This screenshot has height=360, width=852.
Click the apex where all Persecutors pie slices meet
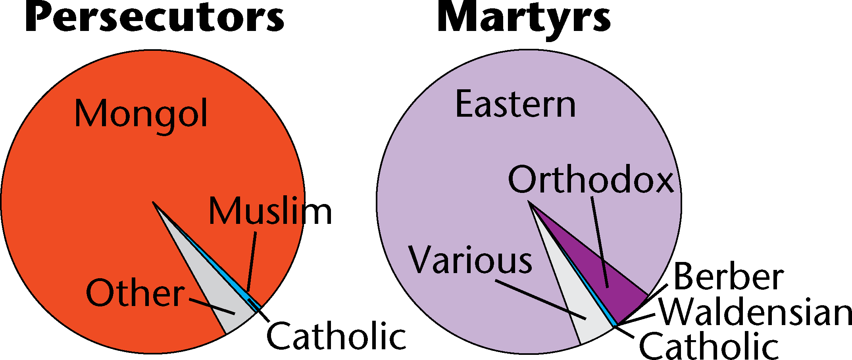pos(153,202)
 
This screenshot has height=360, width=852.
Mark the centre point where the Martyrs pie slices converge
pos(529,202)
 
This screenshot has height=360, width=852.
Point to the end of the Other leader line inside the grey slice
pos(235,313)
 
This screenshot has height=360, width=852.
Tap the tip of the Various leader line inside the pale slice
pos(586,318)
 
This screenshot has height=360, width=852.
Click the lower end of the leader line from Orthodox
pos(607,287)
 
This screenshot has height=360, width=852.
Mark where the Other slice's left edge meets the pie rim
pos(225,335)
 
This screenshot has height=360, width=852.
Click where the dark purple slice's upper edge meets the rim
pos(648,295)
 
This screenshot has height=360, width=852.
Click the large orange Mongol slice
pos(99,198)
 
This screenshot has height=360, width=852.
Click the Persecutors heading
pos(155,18)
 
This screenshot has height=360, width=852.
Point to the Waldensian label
pos(756,312)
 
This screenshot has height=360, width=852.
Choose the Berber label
pos(729,277)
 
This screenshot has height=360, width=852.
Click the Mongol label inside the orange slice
pos(141,114)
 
